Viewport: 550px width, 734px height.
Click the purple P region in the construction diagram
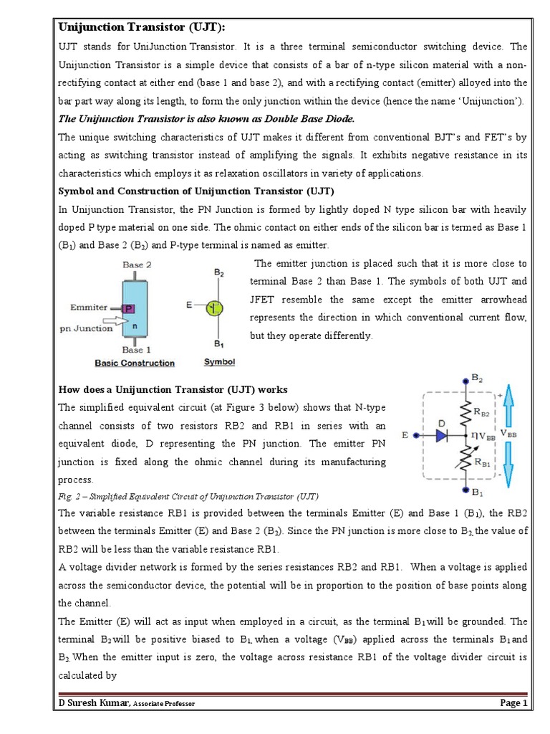[130, 308]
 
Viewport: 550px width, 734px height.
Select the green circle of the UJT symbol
[214, 308]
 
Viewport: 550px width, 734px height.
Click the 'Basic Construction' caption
[135, 363]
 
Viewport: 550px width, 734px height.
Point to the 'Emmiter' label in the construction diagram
[89, 307]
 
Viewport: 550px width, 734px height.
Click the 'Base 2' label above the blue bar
[137, 265]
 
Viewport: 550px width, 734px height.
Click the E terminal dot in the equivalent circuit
[415, 434]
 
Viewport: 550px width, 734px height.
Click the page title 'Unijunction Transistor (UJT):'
[141, 27]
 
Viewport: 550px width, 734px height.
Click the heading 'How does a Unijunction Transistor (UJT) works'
[173, 389]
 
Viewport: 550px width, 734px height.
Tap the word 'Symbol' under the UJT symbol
[219, 362]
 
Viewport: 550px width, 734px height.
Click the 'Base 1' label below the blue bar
[137, 350]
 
